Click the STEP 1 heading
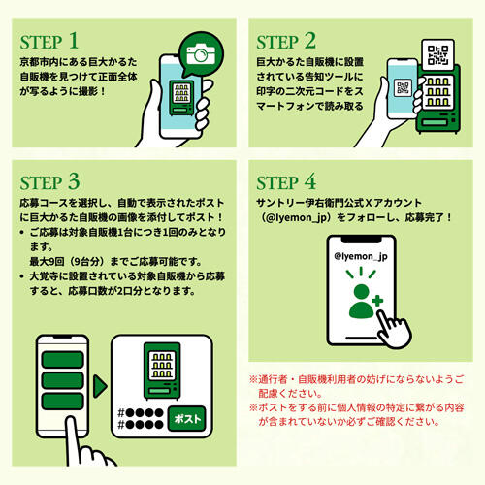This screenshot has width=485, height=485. coord(49,41)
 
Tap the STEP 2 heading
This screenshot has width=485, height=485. coord(286,41)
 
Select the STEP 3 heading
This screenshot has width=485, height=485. coord(49,181)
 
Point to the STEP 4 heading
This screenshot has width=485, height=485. coord(286,181)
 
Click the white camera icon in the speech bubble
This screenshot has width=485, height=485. coord(201,54)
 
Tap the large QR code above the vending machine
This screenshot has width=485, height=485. coord(438,54)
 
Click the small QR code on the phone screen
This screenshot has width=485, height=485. coord(403,87)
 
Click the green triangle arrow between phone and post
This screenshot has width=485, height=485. coord(100,386)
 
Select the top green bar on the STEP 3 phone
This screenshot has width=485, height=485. coord(63,360)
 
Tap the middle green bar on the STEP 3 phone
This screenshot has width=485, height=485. coord(63,380)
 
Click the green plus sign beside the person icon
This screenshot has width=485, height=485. coord(377,301)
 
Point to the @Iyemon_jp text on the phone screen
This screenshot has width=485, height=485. coord(361,256)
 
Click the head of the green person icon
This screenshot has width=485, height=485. coord(362,292)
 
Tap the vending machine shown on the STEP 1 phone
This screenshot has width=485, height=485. coord(181,98)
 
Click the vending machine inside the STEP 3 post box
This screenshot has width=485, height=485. coord(162,371)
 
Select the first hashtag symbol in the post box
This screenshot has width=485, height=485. coord(121,413)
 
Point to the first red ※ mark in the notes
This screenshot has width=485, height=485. coord(253,379)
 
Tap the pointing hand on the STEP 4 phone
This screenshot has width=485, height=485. coord(393,330)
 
